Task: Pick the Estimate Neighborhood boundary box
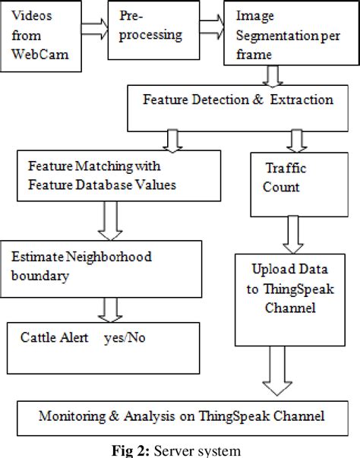(x=101, y=266)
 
